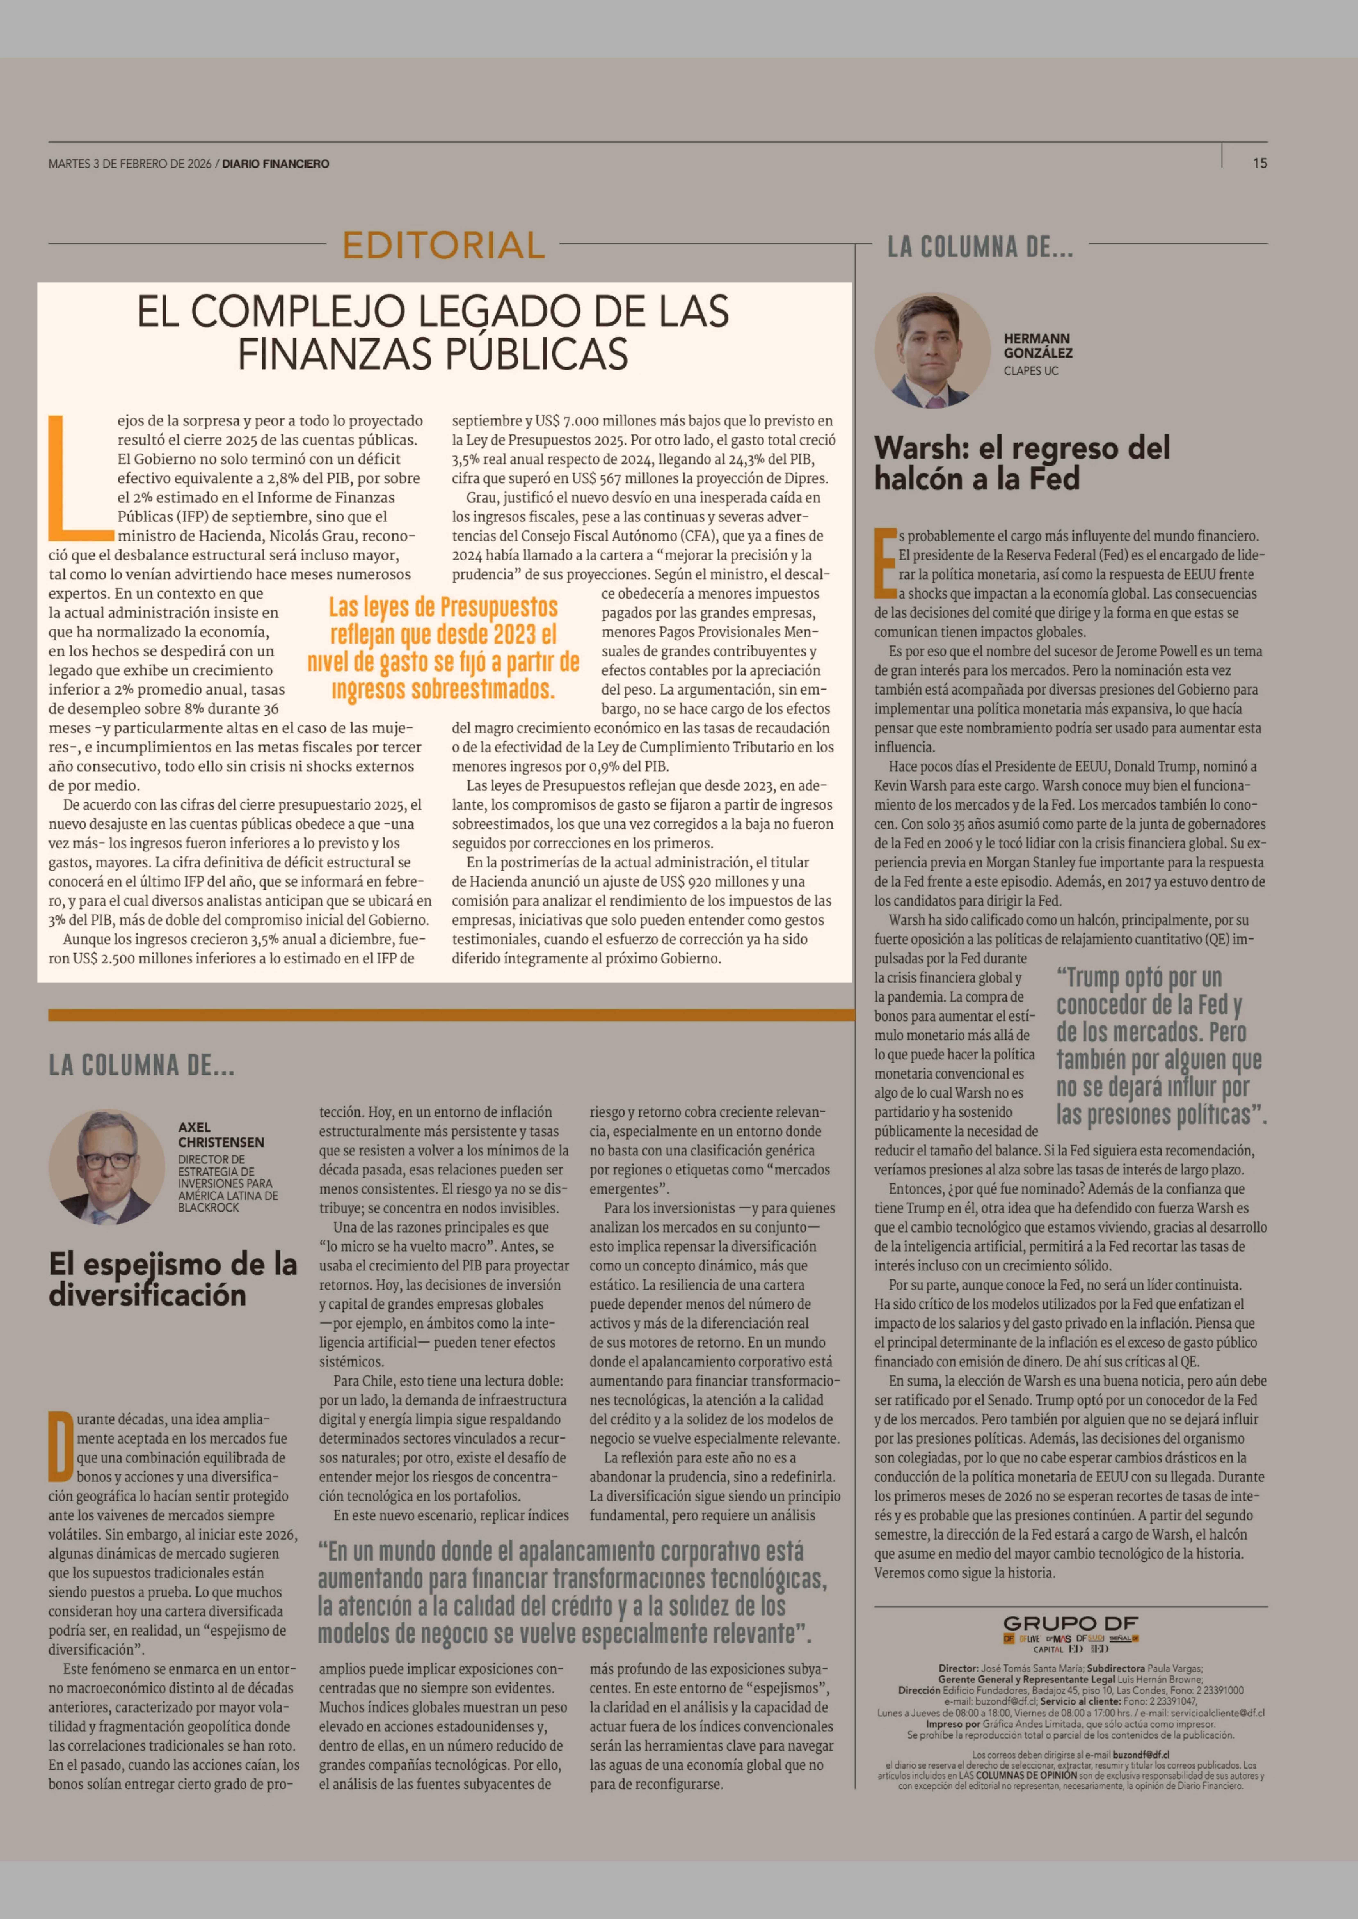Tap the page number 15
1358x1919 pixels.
(1259, 164)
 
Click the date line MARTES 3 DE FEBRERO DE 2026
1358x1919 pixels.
(130, 164)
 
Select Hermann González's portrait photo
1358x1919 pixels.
(932, 350)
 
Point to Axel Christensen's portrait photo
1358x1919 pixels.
(106, 1167)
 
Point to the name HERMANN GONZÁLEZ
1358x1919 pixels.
(1038, 345)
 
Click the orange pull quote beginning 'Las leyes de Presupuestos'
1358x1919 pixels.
(443, 648)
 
